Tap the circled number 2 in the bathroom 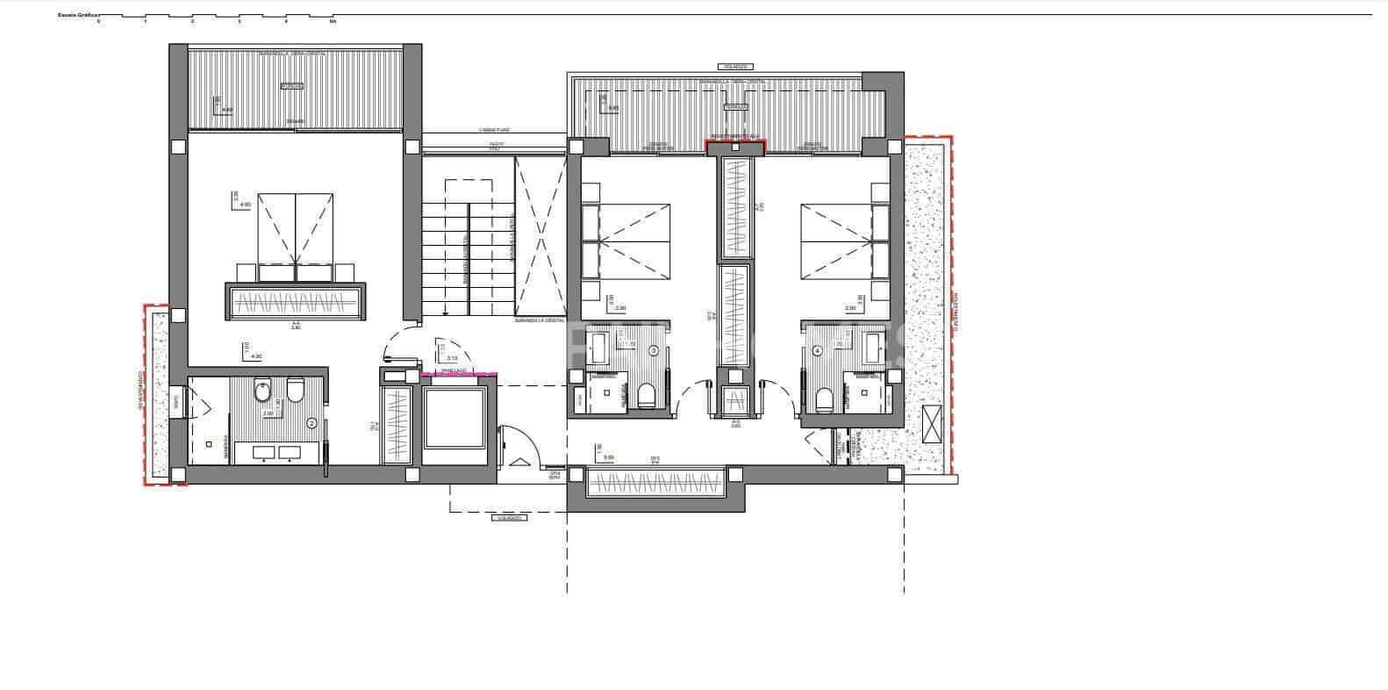click(311, 422)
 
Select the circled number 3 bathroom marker click(653, 351)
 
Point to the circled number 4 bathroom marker click(818, 351)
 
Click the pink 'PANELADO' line click(460, 375)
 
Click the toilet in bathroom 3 click(646, 398)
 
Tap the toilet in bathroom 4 click(824, 399)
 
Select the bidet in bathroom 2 click(263, 392)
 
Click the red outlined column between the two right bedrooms click(735, 147)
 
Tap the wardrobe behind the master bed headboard click(296, 302)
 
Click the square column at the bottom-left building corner click(178, 475)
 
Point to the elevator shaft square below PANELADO click(454, 418)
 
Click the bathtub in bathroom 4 click(874, 349)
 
